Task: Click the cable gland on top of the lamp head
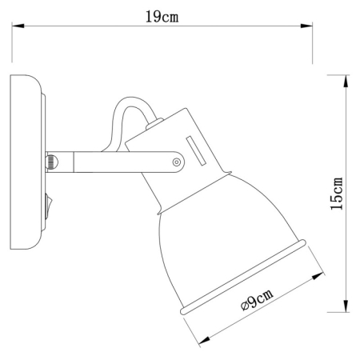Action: coord(157,125)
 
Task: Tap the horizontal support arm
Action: coord(112,162)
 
